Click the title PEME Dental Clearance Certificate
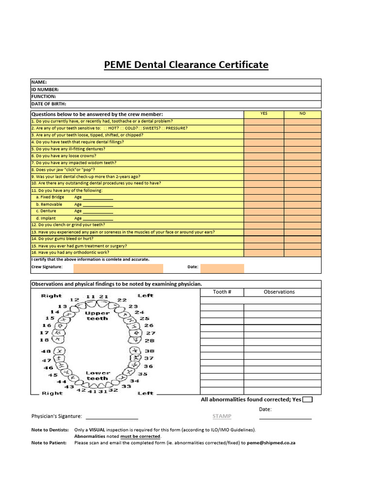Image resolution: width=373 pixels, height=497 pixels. click(x=186, y=65)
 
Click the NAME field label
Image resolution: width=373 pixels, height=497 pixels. click(x=39, y=83)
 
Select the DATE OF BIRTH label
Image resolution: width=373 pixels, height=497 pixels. click(x=49, y=104)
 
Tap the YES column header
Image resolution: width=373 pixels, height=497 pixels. click(x=264, y=114)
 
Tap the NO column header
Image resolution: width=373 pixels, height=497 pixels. click(x=303, y=114)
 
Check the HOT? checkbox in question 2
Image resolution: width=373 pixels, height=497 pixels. click(x=105, y=128)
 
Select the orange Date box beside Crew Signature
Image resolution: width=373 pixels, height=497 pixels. click(x=222, y=268)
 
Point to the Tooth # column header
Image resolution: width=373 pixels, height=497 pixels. click(x=222, y=292)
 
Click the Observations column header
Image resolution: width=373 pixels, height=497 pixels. click(x=279, y=292)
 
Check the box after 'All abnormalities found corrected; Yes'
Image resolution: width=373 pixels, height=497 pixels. click(x=307, y=399)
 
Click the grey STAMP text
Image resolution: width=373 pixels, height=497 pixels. click(x=221, y=416)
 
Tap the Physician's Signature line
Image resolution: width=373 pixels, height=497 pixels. click(x=112, y=417)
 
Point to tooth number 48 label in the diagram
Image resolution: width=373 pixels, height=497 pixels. click(x=46, y=351)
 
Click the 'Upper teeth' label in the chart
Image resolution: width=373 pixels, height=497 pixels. click(x=97, y=315)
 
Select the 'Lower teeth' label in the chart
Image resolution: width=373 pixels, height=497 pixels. click(x=98, y=376)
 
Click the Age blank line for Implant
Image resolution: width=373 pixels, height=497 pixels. click(x=98, y=219)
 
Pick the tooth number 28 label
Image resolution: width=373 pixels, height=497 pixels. click(x=150, y=341)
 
